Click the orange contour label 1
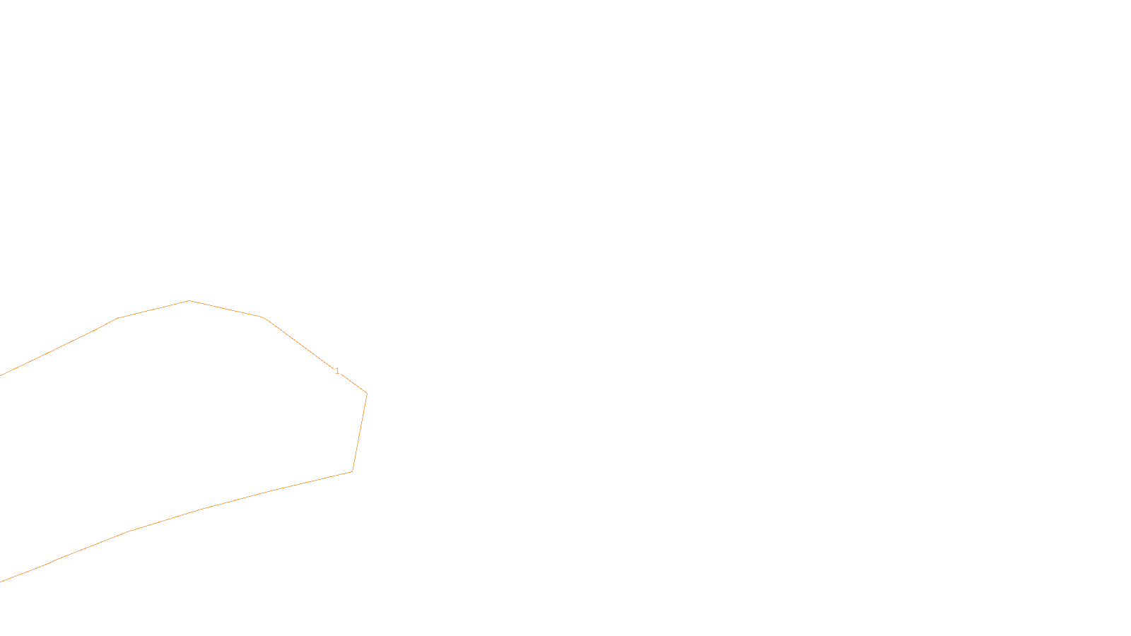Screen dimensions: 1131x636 [337, 371]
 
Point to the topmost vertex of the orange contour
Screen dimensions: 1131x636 [189, 301]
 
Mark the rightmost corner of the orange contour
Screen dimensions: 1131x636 [367, 393]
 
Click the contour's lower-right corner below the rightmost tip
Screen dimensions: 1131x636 [352, 471]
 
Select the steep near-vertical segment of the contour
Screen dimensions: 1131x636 [360, 432]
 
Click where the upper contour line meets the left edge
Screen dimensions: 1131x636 [1, 375]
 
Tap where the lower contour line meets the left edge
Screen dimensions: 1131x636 [1, 582]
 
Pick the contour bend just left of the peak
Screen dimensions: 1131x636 [118, 319]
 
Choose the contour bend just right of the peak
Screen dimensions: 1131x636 [263, 317]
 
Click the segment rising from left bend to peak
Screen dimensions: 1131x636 [153, 310]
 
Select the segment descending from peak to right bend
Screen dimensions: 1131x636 [226, 309]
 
